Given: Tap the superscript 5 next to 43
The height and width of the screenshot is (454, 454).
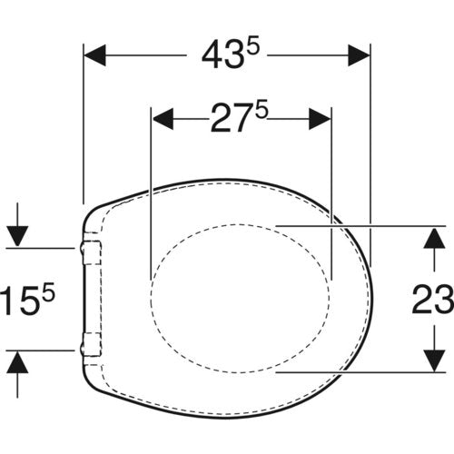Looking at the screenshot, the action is coord(252,48).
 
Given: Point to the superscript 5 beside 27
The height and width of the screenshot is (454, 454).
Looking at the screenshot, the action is coord(262,112).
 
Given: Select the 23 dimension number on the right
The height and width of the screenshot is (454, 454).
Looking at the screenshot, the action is coord(432,299).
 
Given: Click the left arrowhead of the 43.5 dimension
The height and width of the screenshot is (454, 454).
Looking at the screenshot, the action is coord(94,55).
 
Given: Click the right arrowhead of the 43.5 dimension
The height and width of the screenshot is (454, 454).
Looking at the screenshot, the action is coord(359,55).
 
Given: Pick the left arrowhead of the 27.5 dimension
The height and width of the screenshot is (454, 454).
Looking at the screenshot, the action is coord(163,119).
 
